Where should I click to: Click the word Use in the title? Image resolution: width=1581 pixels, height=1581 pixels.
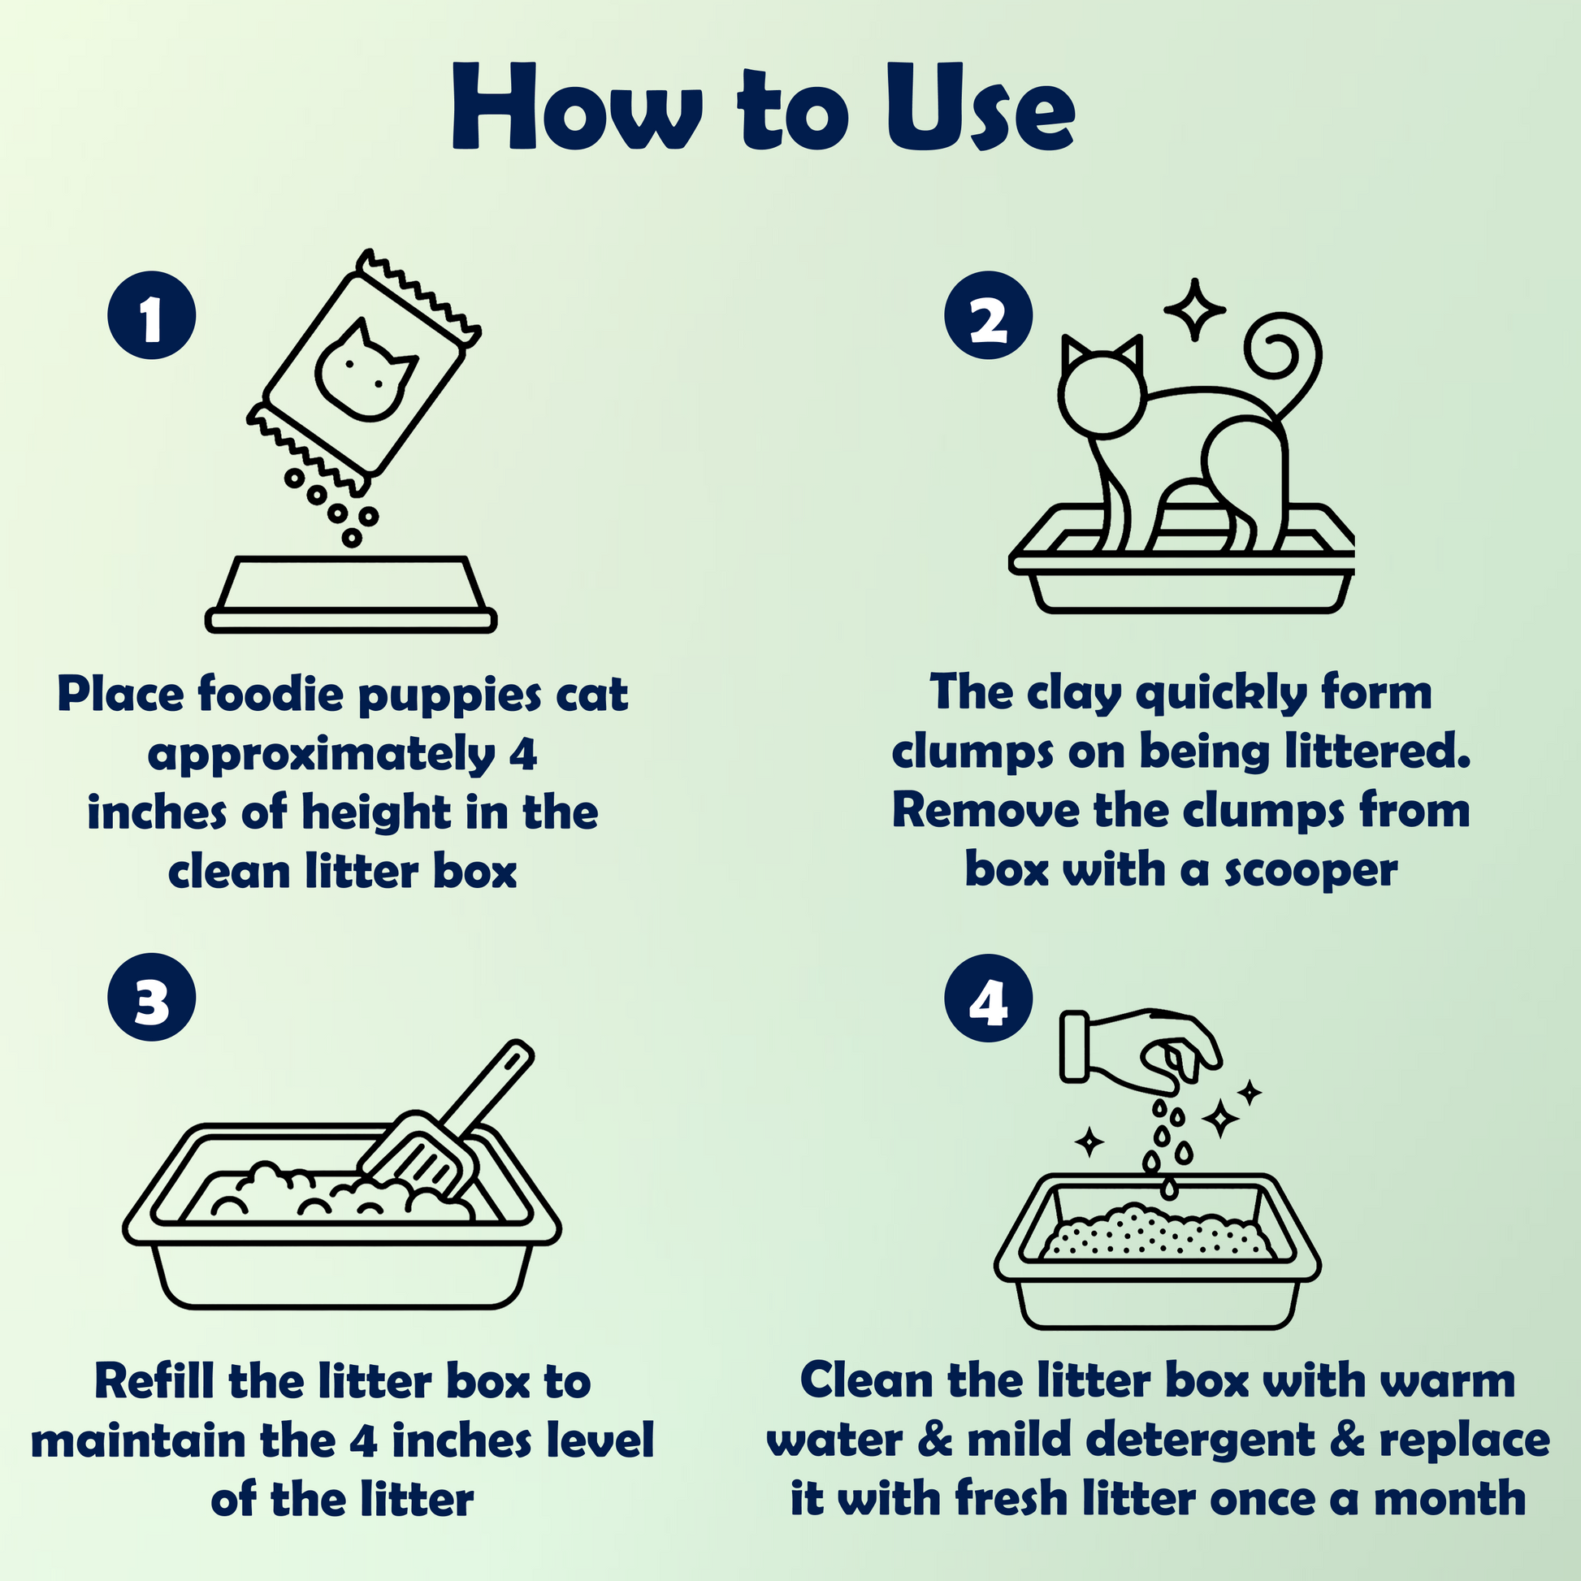981,109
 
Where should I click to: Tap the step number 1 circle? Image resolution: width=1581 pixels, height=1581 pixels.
151,315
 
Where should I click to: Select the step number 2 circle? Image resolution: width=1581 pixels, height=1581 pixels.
989,315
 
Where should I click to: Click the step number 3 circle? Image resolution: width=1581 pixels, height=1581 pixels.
151,997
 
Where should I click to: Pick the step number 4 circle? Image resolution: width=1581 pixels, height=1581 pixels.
989,997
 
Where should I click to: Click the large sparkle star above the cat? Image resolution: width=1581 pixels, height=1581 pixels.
1195,310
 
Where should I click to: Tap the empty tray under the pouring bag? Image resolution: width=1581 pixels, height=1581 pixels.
351,594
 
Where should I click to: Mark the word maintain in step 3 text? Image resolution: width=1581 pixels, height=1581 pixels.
137,1441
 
